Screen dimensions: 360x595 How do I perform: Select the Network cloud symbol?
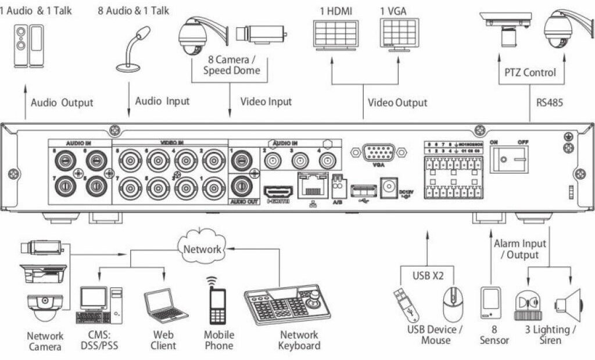202,249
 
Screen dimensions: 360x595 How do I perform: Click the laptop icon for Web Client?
164,306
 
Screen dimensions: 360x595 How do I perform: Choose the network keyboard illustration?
285,307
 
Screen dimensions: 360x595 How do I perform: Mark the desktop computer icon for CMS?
99,305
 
